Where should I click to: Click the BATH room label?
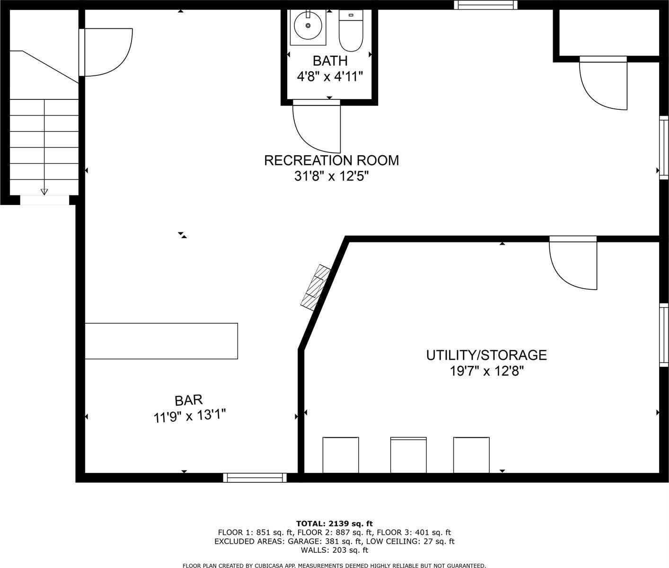coord(330,61)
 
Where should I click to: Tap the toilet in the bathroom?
coord(351,31)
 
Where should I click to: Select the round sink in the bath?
coord(308,26)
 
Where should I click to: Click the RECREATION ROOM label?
coord(331,160)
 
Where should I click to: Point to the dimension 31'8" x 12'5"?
coord(331,177)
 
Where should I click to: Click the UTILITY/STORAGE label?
coord(486,355)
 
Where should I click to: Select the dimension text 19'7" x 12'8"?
coord(486,371)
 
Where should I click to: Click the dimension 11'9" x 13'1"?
coord(189,417)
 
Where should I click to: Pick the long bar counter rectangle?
coord(161,341)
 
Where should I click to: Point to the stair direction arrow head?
coord(44,192)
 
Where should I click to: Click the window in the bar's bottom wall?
coord(255,478)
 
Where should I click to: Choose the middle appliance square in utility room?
coord(408,455)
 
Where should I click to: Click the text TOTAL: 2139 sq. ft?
coord(334,524)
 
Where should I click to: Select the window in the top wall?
coord(485,5)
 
